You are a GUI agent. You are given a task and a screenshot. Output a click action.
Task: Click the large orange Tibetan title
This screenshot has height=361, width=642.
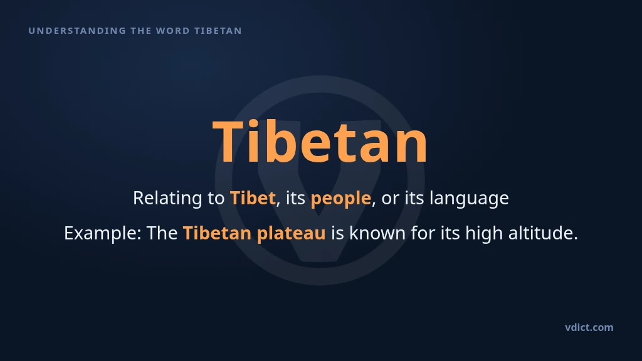click(x=320, y=142)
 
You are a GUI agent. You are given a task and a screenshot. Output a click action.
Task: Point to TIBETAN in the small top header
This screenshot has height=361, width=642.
click(x=218, y=31)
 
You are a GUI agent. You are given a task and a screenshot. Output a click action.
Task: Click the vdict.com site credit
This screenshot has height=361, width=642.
click(x=589, y=327)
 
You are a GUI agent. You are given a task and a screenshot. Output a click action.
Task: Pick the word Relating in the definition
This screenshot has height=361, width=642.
click(x=168, y=199)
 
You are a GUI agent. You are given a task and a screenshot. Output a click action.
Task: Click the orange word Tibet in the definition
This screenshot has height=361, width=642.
click(x=253, y=198)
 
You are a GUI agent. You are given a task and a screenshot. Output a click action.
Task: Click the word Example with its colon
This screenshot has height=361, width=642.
click(x=103, y=234)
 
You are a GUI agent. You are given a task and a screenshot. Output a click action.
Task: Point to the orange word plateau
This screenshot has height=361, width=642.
click(x=291, y=234)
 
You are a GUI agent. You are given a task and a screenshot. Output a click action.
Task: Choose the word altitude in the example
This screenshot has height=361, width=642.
click(x=543, y=233)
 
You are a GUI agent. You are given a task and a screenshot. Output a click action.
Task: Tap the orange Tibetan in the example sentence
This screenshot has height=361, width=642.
click(x=217, y=233)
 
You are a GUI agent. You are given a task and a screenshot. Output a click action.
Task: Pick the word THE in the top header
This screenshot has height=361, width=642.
click(x=141, y=31)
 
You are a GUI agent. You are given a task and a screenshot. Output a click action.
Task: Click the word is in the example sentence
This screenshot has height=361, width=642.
click(x=337, y=233)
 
